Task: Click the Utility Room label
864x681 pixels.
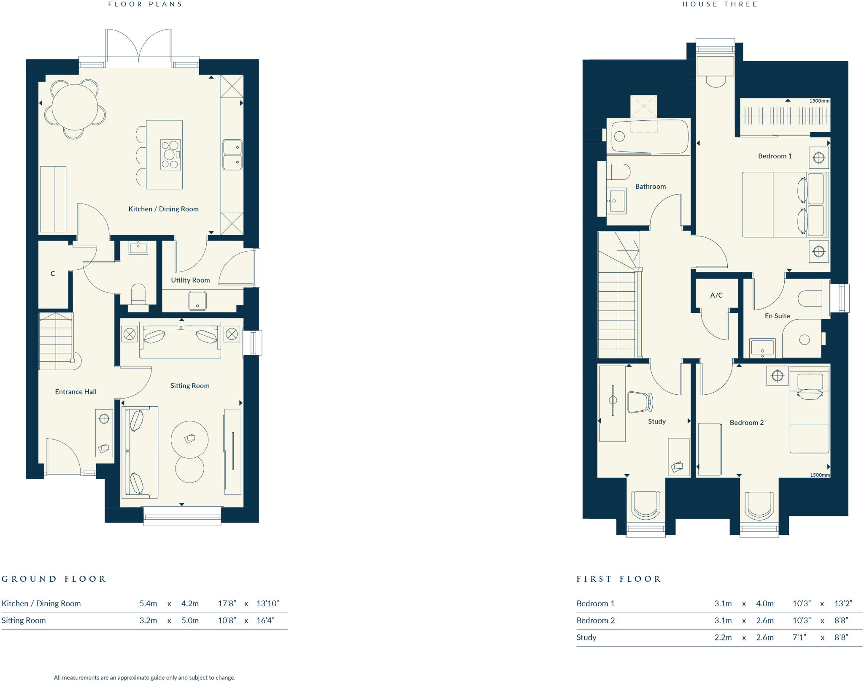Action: tap(190, 280)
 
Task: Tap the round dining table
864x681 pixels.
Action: tap(75, 107)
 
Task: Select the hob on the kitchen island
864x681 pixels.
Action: tap(170, 155)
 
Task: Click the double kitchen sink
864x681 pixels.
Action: tap(232, 155)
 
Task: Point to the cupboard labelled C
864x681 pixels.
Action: tap(53, 274)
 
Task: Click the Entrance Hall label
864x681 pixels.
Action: tap(76, 392)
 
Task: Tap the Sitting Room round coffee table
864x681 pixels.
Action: tap(189, 440)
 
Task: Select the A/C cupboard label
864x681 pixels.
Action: tap(716, 295)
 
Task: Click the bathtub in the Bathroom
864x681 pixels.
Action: tap(649, 137)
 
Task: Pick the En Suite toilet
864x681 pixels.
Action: tap(810, 298)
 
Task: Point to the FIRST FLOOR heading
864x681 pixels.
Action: tap(618, 579)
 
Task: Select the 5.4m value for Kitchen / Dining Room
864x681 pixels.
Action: tap(148, 604)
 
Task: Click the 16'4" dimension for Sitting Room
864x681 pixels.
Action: tap(265, 621)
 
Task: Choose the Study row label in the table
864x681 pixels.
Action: tap(586, 638)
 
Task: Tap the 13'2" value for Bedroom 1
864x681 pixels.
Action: tap(843, 604)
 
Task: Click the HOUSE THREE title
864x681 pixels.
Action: tap(720, 4)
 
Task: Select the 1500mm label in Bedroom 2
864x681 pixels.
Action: tap(819, 475)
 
